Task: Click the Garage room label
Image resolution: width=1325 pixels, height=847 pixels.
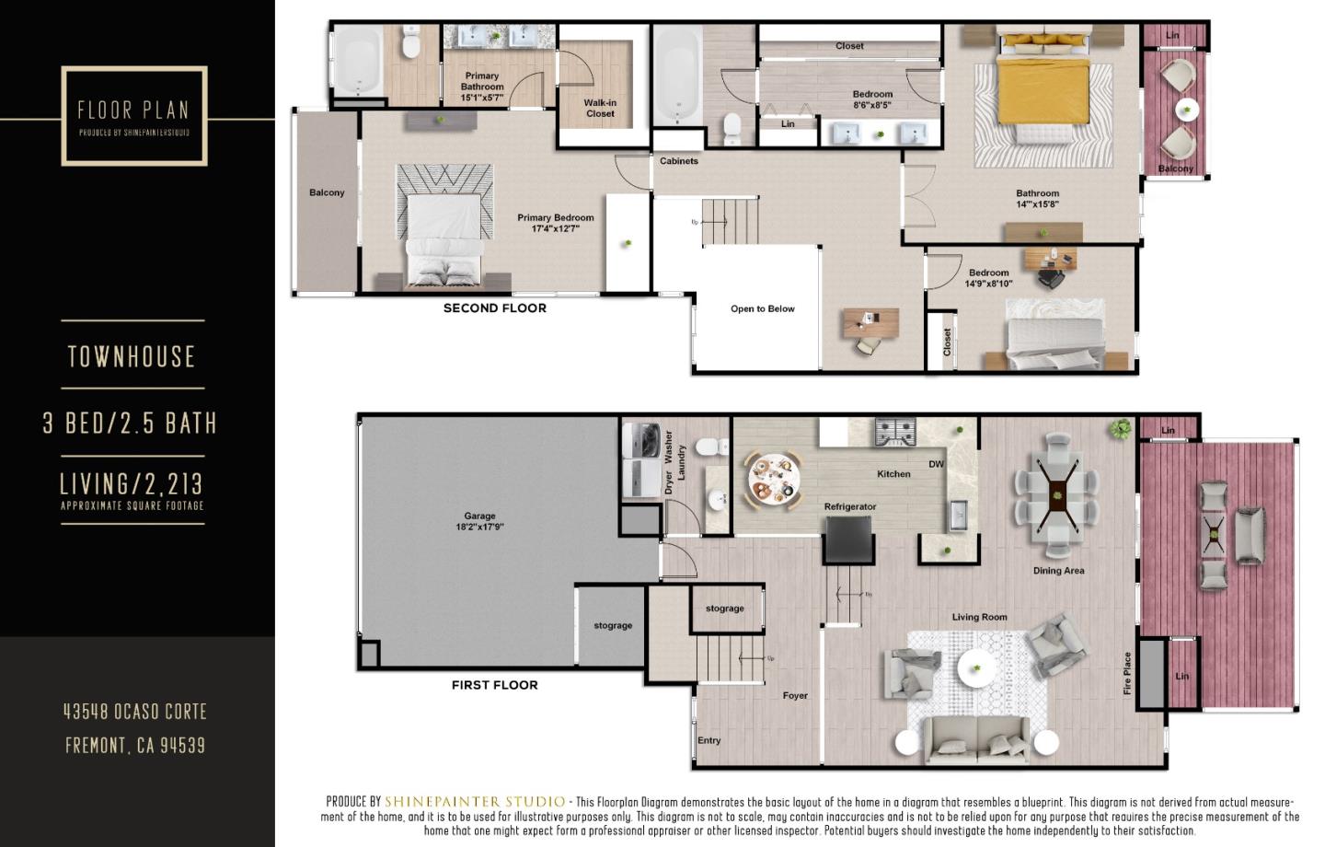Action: coord(479,521)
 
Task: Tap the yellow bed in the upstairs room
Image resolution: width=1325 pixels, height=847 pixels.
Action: coord(1042,92)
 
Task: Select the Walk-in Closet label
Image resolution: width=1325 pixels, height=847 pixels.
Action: coord(600,109)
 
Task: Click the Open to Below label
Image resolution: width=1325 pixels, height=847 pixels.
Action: coord(762,309)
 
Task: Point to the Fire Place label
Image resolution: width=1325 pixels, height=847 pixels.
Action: coord(1127,673)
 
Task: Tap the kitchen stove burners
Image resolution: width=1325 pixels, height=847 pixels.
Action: coord(894,432)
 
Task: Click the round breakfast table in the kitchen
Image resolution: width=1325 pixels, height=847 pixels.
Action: coord(772,477)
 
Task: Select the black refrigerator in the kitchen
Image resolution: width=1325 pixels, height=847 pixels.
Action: coord(848,539)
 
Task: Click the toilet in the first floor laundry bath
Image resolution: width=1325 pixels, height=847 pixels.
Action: coord(709,447)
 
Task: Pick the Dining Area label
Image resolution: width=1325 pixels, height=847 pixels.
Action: coord(1058,571)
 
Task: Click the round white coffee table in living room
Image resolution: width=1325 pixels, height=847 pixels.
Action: coord(977,668)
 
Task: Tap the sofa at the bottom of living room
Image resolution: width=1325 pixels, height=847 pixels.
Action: coord(976,737)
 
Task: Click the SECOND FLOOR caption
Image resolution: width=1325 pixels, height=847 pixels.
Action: coord(495,308)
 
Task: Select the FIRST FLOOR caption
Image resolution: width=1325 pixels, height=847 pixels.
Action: coord(495,685)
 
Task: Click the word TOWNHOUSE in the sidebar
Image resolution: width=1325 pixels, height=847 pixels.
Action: coord(132,357)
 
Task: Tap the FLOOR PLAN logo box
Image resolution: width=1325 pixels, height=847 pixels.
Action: coord(134,116)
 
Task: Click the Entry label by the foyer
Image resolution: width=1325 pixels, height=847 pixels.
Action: coord(709,740)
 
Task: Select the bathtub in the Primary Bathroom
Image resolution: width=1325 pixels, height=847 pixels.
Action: coord(357,61)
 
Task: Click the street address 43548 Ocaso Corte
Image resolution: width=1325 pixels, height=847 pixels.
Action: coord(135,712)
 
